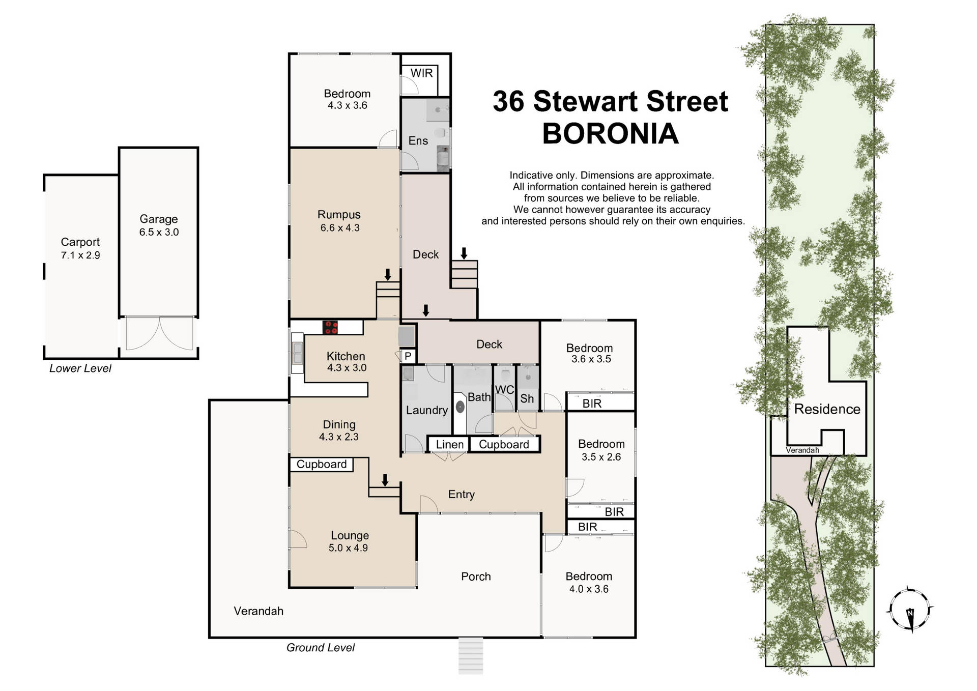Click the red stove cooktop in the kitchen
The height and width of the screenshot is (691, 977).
pyautogui.click(x=331, y=327)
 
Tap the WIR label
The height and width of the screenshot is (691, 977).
pyautogui.click(x=421, y=73)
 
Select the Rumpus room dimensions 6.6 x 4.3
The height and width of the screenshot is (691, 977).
pyautogui.click(x=339, y=228)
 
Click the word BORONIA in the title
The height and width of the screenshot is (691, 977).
pyautogui.click(x=610, y=134)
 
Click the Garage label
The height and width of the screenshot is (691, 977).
pyautogui.click(x=159, y=219)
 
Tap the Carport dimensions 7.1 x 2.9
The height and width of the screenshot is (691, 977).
pyautogui.click(x=80, y=255)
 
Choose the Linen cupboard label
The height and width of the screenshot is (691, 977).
pyautogui.click(x=450, y=445)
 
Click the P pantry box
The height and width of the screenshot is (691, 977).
pyautogui.click(x=408, y=357)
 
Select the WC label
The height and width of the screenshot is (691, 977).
pyautogui.click(x=504, y=390)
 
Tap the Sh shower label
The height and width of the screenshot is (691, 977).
pyautogui.click(x=527, y=398)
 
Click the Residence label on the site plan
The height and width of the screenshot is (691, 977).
pyautogui.click(x=827, y=409)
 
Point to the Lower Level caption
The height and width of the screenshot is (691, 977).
pyautogui.click(x=80, y=368)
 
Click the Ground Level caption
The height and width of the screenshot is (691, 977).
pyautogui.click(x=320, y=648)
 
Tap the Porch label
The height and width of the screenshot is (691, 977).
pyautogui.click(x=476, y=577)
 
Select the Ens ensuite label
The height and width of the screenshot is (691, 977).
pyautogui.click(x=418, y=141)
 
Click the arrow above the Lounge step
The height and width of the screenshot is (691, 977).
pyautogui.click(x=385, y=479)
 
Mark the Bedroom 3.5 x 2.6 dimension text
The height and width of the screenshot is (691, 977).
pyautogui.click(x=601, y=457)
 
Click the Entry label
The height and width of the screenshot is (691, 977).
pyautogui.click(x=461, y=494)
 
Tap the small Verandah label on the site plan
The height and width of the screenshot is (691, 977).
pyautogui.click(x=802, y=450)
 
